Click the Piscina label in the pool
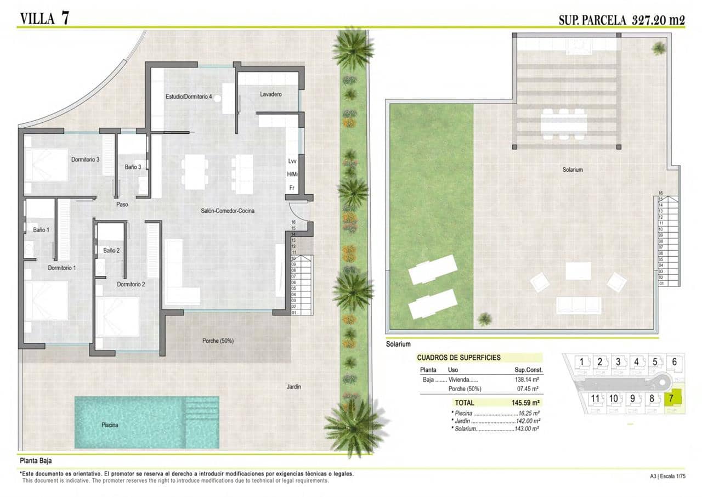click(x=110, y=425)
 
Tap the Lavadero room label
click(x=271, y=94)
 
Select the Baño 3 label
click(x=133, y=167)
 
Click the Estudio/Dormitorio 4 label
click(x=189, y=97)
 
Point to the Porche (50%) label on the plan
click(x=218, y=341)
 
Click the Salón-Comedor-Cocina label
click(x=227, y=211)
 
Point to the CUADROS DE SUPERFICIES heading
click(x=458, y=358)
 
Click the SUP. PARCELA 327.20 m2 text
click(x=621, y=20)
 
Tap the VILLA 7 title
click(x=45, y=18)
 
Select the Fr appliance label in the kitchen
click(x=292, y=188)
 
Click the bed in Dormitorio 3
click(x=46, y=164)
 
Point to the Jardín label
click(x=294, y=387)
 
